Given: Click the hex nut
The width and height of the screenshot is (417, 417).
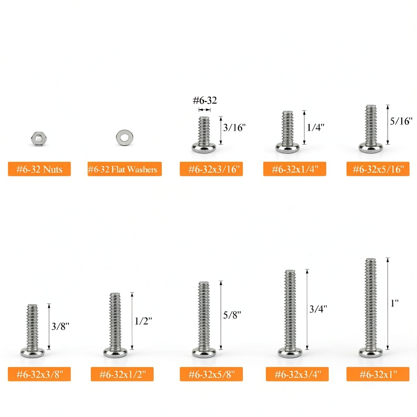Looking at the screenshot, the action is tap(39, 138).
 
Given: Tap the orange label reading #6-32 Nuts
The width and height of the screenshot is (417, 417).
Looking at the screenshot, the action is tap(40, 169).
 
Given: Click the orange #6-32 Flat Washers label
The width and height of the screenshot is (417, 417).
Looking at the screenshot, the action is tap(125, 169).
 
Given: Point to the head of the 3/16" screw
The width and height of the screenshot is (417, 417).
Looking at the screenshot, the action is tap(204, 147).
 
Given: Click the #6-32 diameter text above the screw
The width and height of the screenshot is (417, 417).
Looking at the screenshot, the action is tap(205, 101).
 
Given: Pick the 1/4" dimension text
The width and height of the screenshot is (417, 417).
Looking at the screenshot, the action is tap(316, 127).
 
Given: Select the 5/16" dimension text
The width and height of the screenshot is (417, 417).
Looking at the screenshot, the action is tap(401, 121).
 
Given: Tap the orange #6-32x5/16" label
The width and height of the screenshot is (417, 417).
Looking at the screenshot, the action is tap(378, 169).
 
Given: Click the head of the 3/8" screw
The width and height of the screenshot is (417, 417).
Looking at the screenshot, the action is tap(33, 352).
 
